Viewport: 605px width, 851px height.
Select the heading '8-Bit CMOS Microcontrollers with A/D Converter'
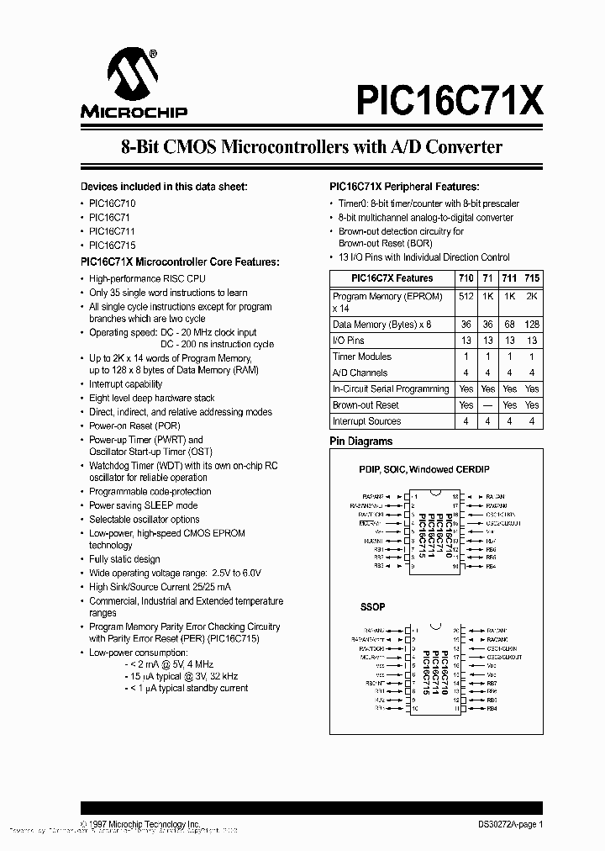(312, 147)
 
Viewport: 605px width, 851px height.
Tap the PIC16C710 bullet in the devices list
(113, 203)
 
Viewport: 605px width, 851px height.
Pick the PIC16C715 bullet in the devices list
(113, 245)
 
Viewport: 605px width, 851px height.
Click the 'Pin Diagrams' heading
(360, 441)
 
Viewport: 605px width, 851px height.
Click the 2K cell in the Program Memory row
(532, 296)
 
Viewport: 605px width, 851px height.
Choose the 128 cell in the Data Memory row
(532, 324)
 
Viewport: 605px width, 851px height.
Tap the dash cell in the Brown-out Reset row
(488, 405)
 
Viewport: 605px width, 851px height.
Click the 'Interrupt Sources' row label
(366, 421)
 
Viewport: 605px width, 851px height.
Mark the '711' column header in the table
(510, 278)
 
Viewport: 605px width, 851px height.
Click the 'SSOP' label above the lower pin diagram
(372, 606)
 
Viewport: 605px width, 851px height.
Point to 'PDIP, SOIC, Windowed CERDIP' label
(423, 469)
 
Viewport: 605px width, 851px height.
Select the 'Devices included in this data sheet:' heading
(164, 187)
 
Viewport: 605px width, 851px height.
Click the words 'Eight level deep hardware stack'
(152, 398)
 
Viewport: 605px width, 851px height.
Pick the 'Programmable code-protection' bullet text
(150, 491)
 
